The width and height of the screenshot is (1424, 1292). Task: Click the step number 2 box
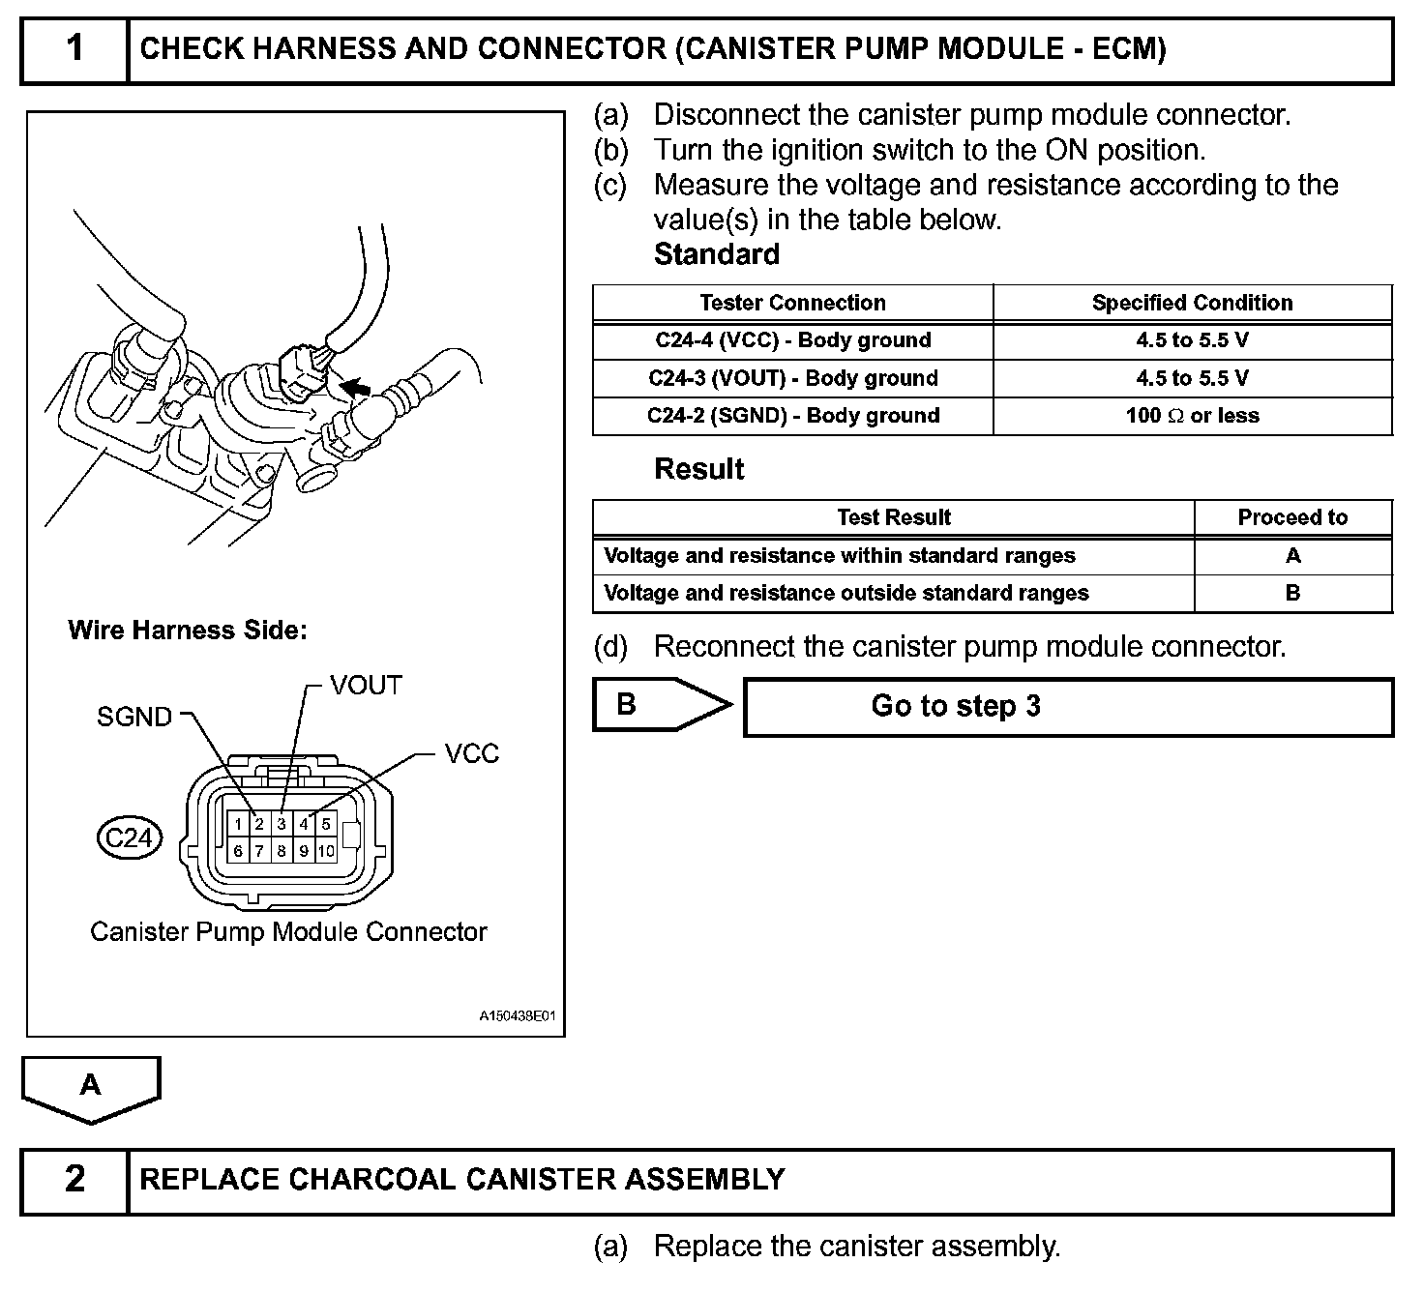[x=74, y=1180]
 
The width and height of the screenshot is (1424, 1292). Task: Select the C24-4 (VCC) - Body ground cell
[x=792, y=340]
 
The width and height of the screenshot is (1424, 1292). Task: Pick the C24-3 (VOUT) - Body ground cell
[x=792, y=378]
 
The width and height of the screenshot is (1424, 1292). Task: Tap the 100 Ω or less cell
[x=1192, y=416]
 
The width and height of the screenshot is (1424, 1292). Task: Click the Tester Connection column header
[x=792, y=303]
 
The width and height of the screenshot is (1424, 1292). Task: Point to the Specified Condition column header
[x=1192, y=303]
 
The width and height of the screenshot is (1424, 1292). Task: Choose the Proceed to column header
[x=1292, y=517]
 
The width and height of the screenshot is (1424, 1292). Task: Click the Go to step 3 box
[x=1068, y=707]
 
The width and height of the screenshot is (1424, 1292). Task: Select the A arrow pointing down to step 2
[x=91, y=1087]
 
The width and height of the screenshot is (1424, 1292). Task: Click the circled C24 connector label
[x=129, y=837]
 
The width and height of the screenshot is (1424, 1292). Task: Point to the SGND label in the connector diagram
[x=134, y=717]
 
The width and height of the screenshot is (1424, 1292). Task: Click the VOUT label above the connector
[x=366, y=686]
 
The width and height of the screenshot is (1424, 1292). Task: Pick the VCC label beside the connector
[x=471, y=754]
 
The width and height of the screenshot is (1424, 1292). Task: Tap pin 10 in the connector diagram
[x=326, y=851]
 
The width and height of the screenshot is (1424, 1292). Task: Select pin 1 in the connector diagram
[x=238, y=825]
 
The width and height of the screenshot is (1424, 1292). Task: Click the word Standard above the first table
[x=716, y=255]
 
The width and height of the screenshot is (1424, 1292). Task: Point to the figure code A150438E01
[x=518, y=1016]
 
